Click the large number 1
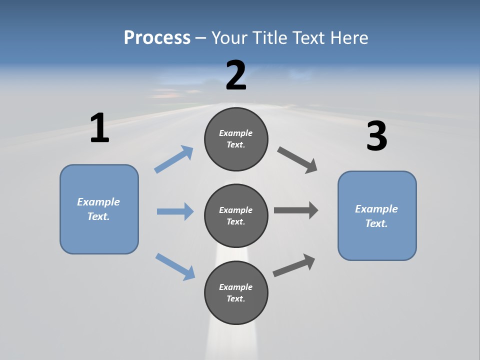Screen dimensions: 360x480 99,128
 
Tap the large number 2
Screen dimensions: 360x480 236,75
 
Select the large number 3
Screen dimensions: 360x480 376,136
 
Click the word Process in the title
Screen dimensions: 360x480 157,37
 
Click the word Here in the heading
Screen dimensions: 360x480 349,37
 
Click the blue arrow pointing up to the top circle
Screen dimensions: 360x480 174,159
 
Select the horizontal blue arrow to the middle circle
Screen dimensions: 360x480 175,211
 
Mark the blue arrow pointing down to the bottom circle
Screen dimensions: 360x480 175,266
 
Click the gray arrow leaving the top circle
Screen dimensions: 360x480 297,159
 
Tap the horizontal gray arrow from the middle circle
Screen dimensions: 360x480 296,210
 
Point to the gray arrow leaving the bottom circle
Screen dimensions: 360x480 294,265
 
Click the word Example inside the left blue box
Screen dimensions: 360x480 98,202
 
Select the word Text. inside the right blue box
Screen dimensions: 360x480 376,223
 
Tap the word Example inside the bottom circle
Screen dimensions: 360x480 235,287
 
